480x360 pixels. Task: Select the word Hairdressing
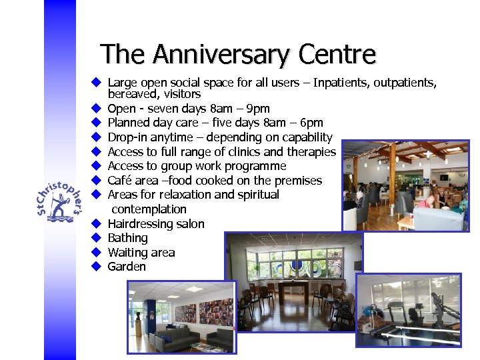click(x=139, y=224)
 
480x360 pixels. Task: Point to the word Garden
click(x=126, y=267)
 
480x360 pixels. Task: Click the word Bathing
click(x=127, y=238)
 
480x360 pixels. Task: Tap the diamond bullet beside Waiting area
click(x=96, y=253)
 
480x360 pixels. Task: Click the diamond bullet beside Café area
click(x=96, y=181)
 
